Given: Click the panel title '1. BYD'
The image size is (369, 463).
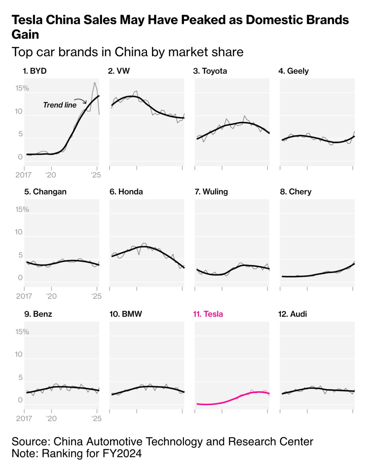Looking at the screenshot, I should [34, 71].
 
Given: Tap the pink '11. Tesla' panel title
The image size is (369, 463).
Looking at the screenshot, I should [208, 314].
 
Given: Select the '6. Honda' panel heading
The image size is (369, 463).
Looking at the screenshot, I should [126, 191].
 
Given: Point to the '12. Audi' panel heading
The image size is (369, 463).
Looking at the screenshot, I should [292, 314].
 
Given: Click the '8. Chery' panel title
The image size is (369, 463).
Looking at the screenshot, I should [295, 191].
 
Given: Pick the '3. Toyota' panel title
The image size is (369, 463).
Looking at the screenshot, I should [210, 71].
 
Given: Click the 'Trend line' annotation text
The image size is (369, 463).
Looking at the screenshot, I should [59, 105].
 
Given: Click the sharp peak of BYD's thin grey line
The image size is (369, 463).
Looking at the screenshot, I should [95, 83].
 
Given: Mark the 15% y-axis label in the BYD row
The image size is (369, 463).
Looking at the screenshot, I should [22, 88].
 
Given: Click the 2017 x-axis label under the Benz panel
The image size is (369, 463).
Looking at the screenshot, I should [24, 418].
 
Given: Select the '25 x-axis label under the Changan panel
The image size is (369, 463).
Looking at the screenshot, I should [96, 296].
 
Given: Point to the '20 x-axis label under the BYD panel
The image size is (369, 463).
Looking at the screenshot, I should [51, 175].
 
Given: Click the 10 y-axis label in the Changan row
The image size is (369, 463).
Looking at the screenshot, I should [19, 232].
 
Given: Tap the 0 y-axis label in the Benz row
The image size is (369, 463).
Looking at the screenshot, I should [20, 400].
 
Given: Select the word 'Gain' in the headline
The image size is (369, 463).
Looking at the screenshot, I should [25, 34].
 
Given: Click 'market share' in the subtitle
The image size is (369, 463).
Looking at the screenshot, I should [206, 52].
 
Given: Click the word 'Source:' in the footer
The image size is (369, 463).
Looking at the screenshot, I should [31, 441].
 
